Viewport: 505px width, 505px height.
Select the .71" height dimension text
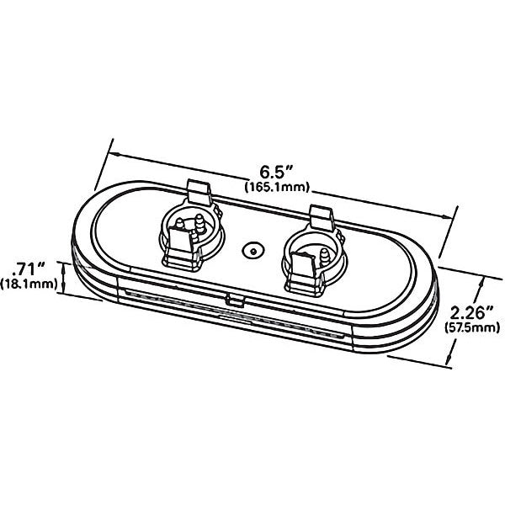28,268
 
